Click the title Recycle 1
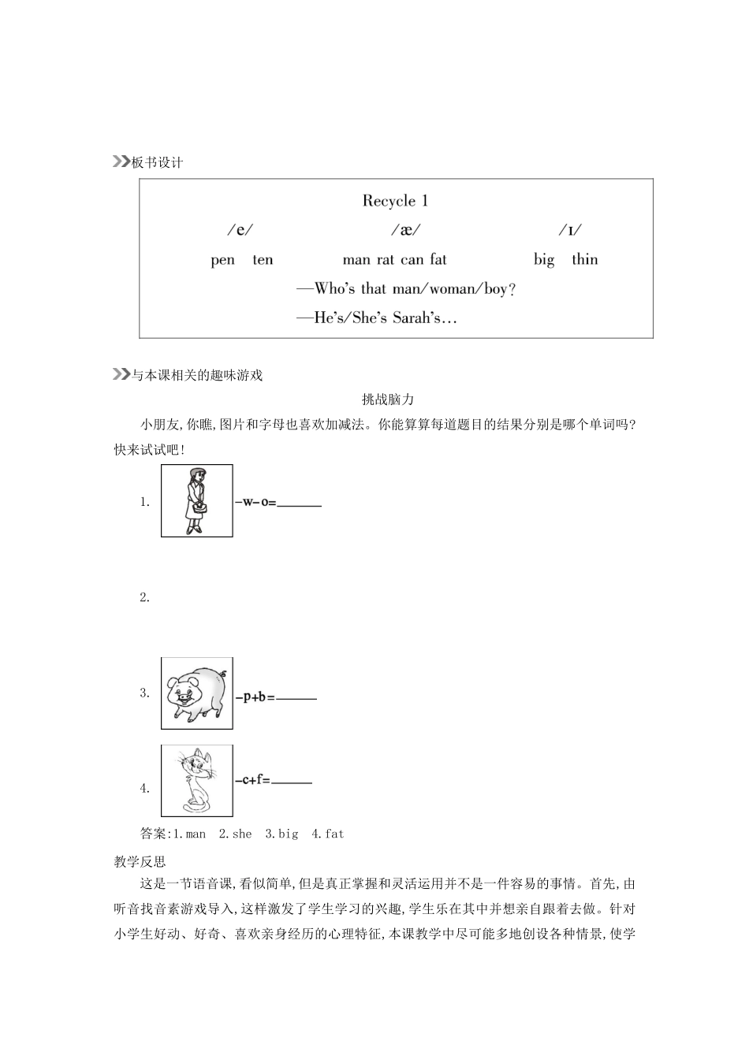(396, 201)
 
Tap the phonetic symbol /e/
(240, 230)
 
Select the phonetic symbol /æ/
(406, 230)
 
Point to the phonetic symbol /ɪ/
(570, 230)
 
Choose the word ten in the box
(263, 259)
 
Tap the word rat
(386, 259)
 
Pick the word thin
(585, 259)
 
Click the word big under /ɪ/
(544, 260)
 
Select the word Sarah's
(417, 318)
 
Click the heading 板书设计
(157, 162)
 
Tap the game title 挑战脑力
(388, 399)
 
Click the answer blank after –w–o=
(299, 505)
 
